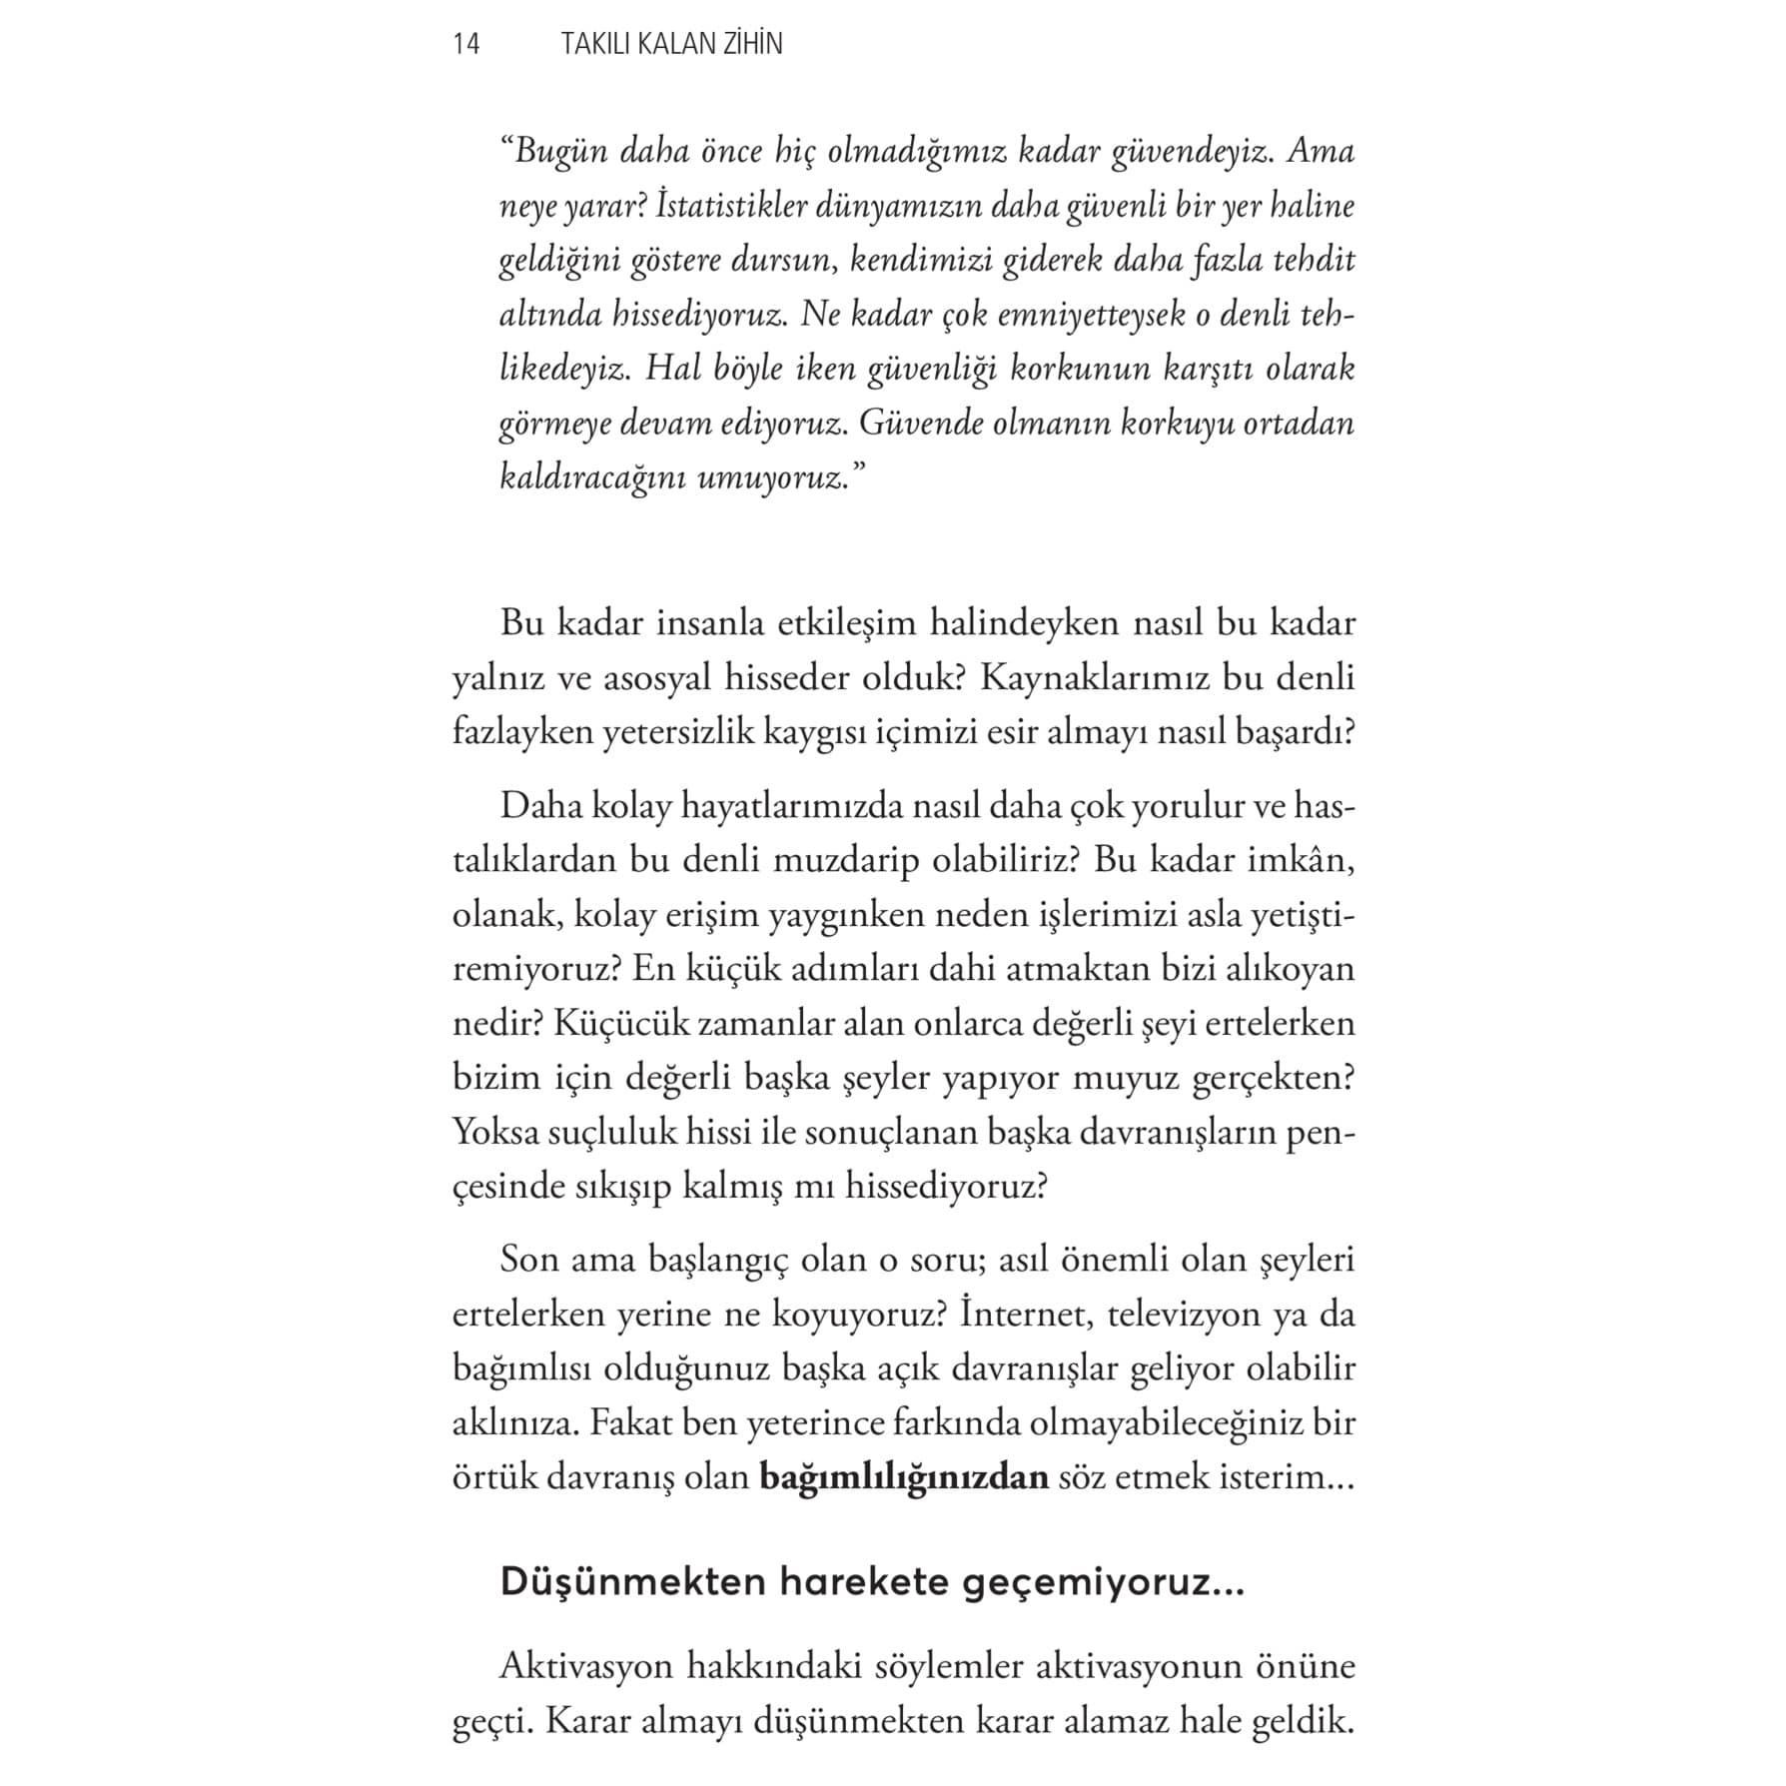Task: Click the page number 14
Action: click(x=466, y=44)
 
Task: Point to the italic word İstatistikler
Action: click(x=720, y=207)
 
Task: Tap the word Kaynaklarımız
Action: click(x=1096, y=678)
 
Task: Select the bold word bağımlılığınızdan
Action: click(x=904, y=1477)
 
